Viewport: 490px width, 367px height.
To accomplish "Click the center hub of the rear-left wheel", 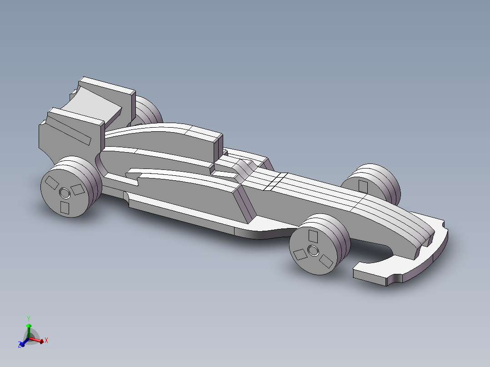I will pyautogui.click(x=65, y=193).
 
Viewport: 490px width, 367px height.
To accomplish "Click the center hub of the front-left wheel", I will pyautogui.click(x=313, y=250).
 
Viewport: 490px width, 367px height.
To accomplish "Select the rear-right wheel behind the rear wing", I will pyautogui.click(x=148, y=112).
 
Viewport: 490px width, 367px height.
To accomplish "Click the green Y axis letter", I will pyautogui.click(x=28, y=318).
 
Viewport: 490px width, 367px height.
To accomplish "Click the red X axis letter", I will pyautogui.click(x=46, y=340).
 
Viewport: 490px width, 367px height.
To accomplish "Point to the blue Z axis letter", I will pyautogui.click(x=20, y=345).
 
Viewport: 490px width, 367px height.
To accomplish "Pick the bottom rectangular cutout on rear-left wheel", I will pyautogui.click(x=65, y=208).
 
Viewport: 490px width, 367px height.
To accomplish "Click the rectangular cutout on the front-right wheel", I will pyautogui.click(x=363, y=186).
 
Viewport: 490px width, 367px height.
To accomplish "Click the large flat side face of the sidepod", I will pyautogui.click(x=191, y=195).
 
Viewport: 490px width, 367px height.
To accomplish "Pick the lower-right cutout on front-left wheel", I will pyautogui.click(x=326, y=261).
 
